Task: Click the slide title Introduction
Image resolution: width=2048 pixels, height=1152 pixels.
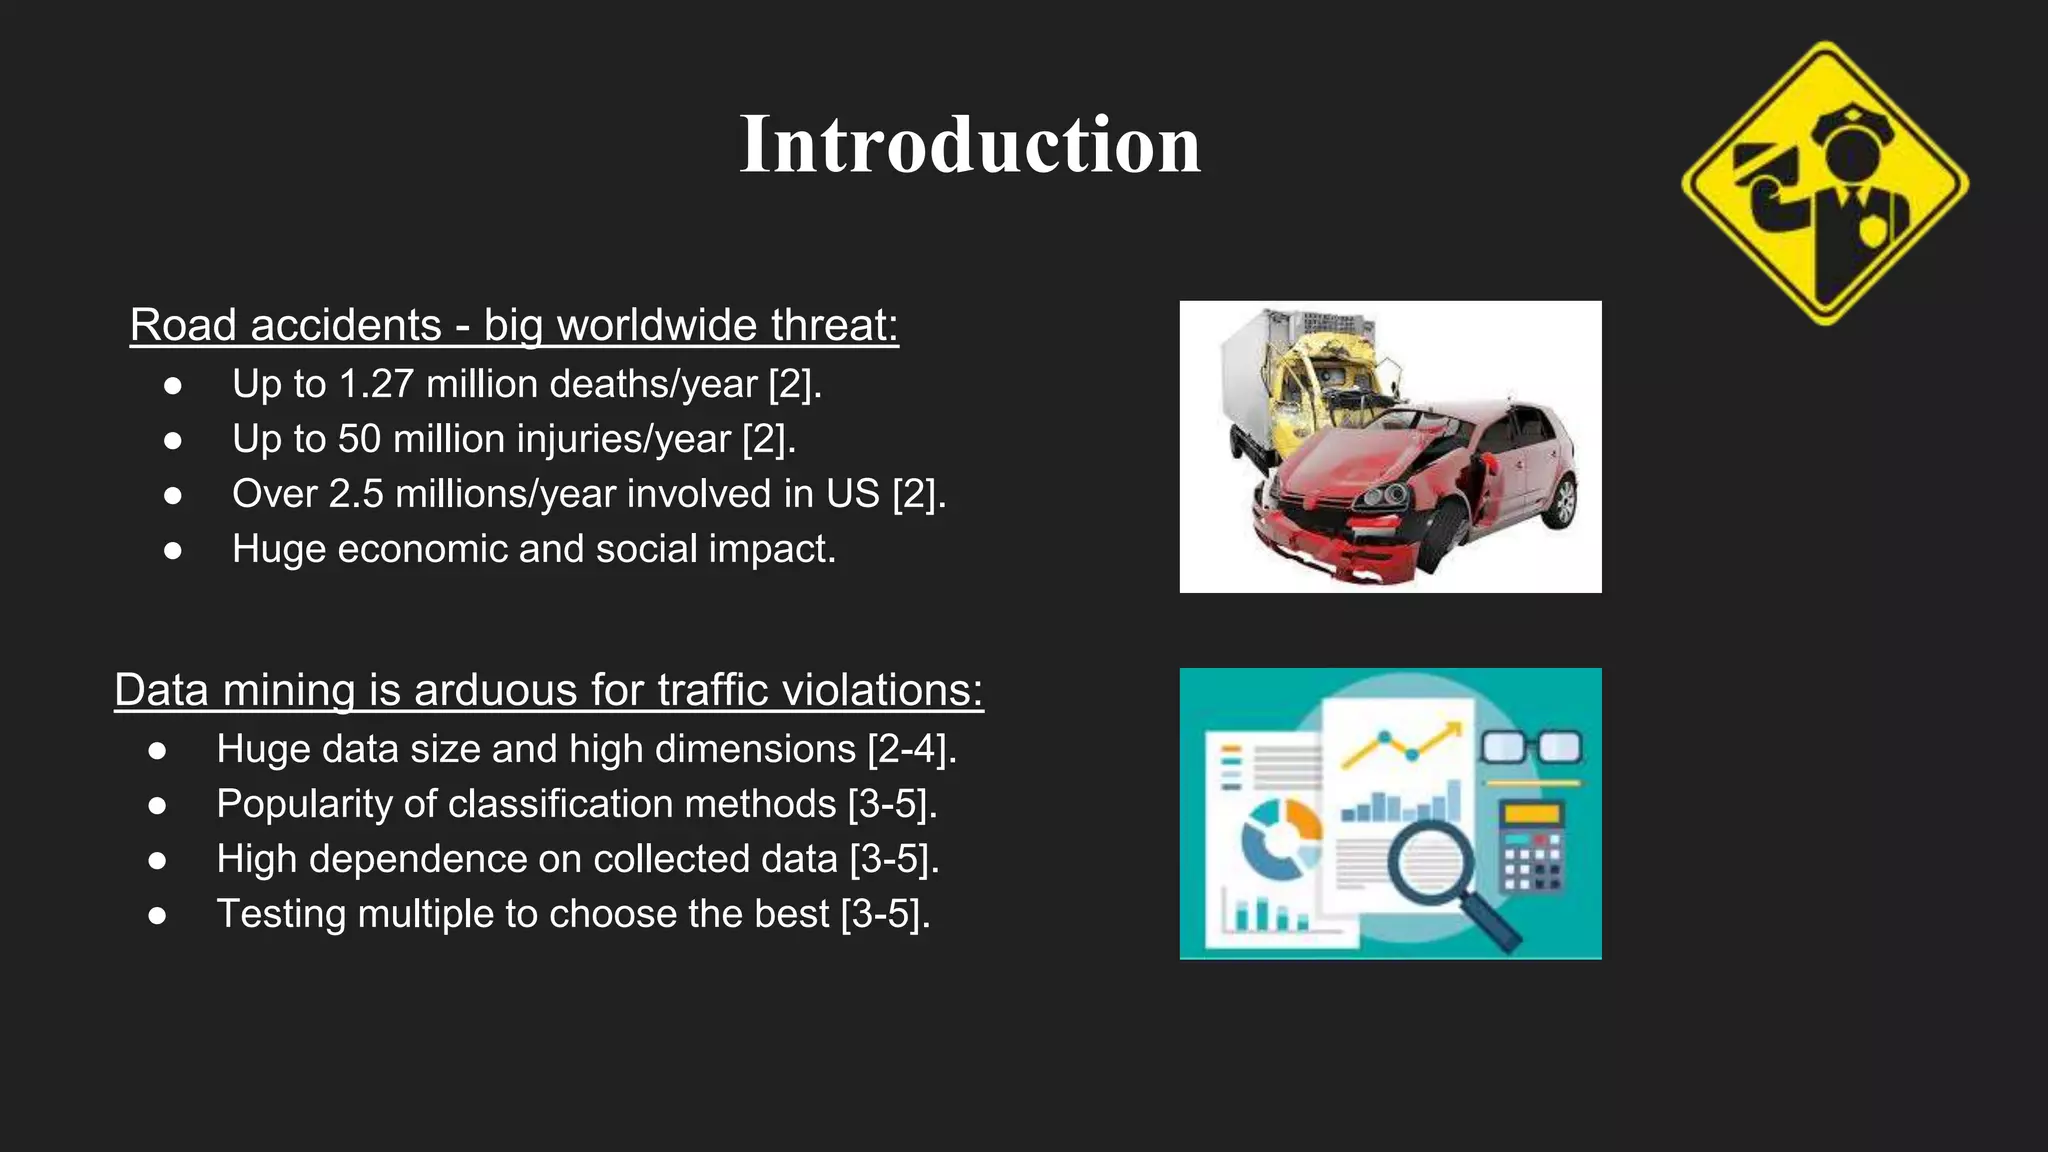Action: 969,145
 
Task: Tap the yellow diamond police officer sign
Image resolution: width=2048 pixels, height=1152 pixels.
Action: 1825,184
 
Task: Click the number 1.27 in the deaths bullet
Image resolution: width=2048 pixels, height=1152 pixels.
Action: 377,385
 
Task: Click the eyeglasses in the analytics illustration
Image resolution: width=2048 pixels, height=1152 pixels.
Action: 1530,747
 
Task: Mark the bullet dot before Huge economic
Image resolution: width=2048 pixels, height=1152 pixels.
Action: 173,550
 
